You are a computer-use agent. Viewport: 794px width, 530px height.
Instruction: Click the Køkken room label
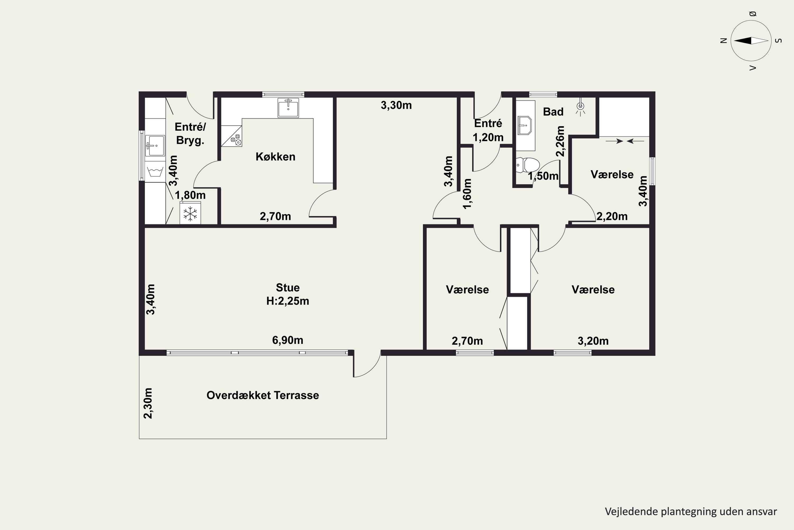(x=276, y=157)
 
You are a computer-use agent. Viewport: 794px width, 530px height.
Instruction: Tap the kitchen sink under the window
(x=288, y=108)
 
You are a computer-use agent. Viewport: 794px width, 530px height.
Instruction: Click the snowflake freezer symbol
(x=190, y=213)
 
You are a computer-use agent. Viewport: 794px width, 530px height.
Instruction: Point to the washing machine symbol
(x=155, y=171)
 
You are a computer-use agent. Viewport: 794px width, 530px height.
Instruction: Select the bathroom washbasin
(x=525, y=125)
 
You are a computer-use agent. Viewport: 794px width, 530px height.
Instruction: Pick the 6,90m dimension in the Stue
(x=288, y=340)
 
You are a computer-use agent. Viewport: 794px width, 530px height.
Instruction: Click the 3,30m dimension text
(x=396, y=105)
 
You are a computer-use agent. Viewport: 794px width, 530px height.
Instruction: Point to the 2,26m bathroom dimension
(x=560, y=141)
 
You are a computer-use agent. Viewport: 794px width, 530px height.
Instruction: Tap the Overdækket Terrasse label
(x=263, y=395)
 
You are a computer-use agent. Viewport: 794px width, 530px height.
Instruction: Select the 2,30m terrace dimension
(x=148, y=403)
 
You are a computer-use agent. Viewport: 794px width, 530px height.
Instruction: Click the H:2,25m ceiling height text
(x=288, y=301)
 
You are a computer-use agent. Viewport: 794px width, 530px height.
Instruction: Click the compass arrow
(x=751, y=41)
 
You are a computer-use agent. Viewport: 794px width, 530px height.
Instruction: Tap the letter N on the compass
(x=723, y=41)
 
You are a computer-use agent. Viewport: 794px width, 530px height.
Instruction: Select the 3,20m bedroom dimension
(x=593, y=341)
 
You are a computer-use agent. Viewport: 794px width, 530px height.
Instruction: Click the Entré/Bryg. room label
(x=190, y=134)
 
